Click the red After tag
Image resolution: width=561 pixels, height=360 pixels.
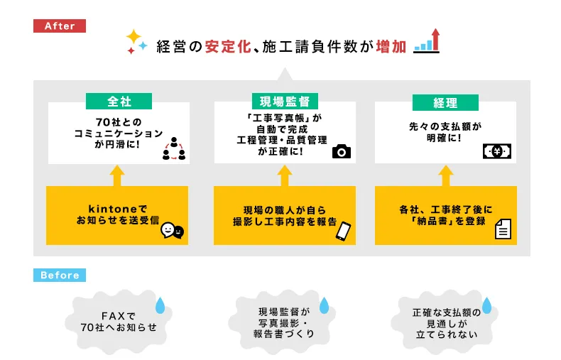(x=59, y=26)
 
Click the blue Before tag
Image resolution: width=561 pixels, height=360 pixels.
(x=59, y=275)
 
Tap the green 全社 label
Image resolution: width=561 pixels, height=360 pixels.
(x=119, y=102)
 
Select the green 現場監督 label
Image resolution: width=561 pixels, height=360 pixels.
(x=284, y=102)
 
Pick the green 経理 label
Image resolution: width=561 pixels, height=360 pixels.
(x=445, y=102)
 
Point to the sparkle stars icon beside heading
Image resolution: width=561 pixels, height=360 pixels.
(x=136, y=43)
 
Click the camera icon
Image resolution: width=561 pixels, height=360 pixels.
(x=342, y=151)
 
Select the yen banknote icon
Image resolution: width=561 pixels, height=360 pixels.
(x=498, y=151)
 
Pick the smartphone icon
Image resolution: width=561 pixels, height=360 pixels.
(x=343, y=231)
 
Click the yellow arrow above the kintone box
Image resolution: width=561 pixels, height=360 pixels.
(x=117, y=175)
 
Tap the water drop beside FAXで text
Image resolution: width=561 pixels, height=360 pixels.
(x=160, y=306)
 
